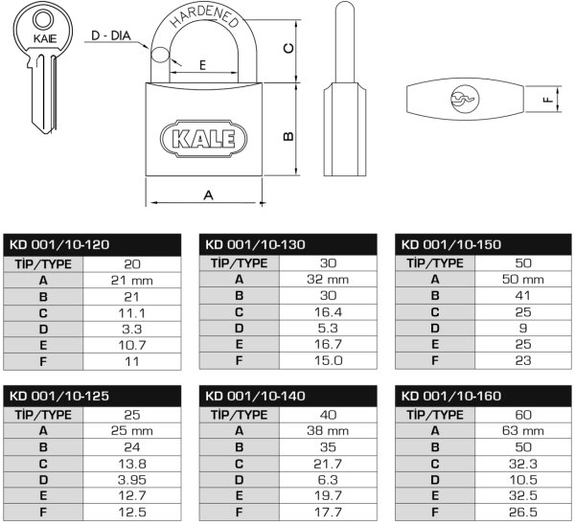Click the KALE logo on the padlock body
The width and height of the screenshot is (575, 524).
click(203, 139)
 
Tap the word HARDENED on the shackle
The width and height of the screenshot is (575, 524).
click(205, 16)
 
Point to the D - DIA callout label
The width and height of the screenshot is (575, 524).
click(111, 36)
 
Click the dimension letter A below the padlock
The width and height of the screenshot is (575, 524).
click(208, 195)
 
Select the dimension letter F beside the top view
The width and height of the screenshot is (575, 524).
click(548, 99)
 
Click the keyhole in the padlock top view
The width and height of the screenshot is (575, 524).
click(465, 99)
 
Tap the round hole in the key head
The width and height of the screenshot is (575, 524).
click(42, 19)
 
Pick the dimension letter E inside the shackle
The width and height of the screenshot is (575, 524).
click(202, 65)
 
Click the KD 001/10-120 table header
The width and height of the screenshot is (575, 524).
click(59, 244)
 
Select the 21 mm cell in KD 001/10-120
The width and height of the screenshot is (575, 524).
click(131, 281)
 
